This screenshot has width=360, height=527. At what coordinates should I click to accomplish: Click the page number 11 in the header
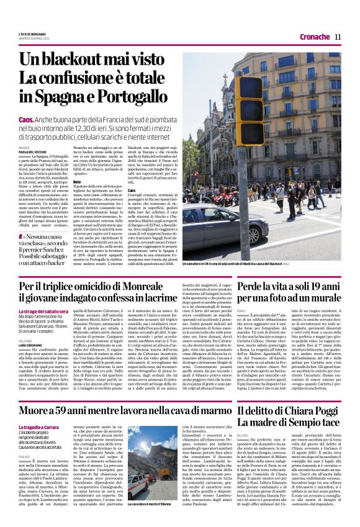pos(338,37)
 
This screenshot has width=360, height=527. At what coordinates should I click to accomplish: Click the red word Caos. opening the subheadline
pos(43,119)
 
